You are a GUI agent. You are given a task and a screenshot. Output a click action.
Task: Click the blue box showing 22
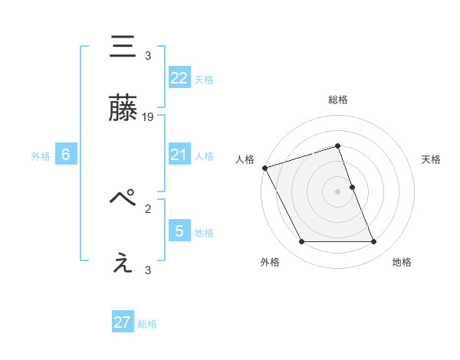click(x=179, y=77)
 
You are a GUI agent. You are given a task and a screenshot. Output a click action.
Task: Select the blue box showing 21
click(x=179, y=155)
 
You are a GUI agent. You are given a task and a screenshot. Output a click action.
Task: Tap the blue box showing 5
click(x=179, y=231)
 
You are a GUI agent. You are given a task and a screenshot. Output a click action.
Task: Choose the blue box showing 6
click(x=66, y=155)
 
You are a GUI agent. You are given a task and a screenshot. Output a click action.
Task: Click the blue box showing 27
click(x=123, y=322)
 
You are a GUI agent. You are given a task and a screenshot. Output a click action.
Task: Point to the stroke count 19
click(x=149, y=116)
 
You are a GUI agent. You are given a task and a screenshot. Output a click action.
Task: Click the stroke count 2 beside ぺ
click(x=148, y=208)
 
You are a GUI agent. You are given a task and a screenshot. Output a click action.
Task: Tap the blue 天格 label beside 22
click(x=204, y=79)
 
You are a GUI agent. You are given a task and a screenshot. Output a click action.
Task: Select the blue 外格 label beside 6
click(x=41, y=155)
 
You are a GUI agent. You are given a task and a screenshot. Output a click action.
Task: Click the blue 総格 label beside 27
click(x=147, y=324)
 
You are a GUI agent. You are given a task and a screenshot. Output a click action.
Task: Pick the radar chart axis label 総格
click(x=338, y=100)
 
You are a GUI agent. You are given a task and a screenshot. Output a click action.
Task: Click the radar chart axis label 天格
click(x=432, y=159)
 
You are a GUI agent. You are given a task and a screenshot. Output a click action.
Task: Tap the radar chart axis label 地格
click(x=402, y=262)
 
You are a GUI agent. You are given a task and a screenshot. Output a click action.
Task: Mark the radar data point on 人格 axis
click(x=264, y=168)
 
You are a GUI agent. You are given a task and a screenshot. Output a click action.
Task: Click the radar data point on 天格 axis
click(x=352, y=186)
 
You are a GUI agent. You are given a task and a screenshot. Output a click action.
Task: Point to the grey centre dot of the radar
click(x=338, y=191)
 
